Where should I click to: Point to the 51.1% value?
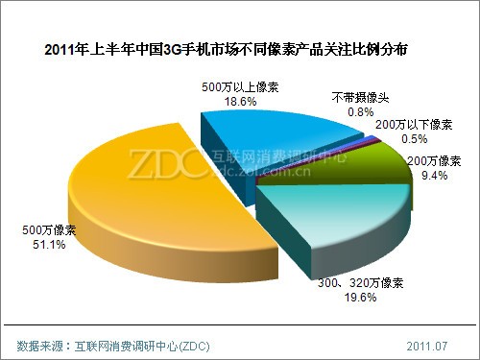[x=37, y=245]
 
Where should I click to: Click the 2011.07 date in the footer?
[x=428, y=343]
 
